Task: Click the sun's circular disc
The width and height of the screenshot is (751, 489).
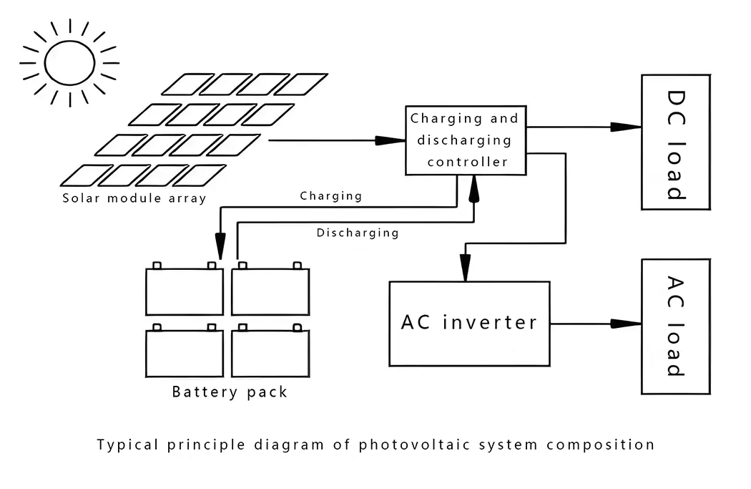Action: coord(70,62)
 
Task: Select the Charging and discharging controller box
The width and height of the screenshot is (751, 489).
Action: coord(466,140)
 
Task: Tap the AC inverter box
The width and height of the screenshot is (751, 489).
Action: coord(469,323)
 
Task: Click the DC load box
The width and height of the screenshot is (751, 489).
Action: coord(675,142)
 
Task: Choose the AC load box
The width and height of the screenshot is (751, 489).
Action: coord(675,326)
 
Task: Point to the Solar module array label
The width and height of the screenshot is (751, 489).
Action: coord(134,198)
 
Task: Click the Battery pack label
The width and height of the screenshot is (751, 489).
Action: coord(230,392)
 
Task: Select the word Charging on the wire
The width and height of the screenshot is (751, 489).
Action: coord(330,195)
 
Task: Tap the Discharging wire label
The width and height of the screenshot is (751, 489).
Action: coord(358,233)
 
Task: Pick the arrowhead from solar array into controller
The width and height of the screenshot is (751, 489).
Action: coord(391,140)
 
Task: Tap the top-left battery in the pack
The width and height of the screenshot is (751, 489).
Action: coord(185,291)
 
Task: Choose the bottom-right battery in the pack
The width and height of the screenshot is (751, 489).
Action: coord(270,353)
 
